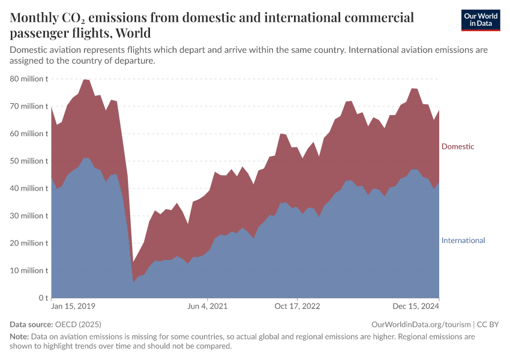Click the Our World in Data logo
pos(480,20)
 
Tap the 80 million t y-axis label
pos(29,79)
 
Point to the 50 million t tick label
pos(29,161)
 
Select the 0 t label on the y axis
pos(43,298)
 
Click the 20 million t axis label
pos(29,243)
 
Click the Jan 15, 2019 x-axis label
pos(73,307)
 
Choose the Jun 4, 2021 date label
pos(208,307)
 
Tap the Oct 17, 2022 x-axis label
pos(297,307)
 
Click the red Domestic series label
pos(458,146)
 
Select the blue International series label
pos(463,241)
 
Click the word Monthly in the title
pos(35,17)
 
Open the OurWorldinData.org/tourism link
pos(421,324)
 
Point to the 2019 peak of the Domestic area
pos(86,80)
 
